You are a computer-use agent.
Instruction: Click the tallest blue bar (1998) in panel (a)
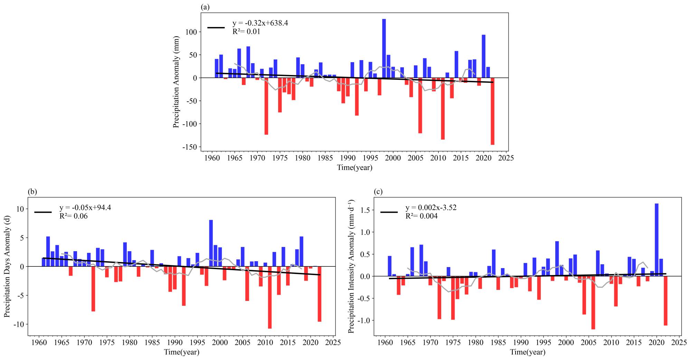click(x=384, y=48)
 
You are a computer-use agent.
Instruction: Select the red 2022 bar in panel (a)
click(x=492, y=111)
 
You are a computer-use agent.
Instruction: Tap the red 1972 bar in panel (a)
click(x=266, y=106)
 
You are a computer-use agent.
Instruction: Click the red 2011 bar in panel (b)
click(x=269, y=297)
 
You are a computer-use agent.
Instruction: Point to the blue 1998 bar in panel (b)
click(x=211, y=243)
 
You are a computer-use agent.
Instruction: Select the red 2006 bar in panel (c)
click(x=593, y=303)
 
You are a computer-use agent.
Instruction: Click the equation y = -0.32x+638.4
click(x=260, y=23)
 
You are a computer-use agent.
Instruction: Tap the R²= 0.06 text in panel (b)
click(x=74, y=216)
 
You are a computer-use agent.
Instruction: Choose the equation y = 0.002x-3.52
click(x=431, y=208)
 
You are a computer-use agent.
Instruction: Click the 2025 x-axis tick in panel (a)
click(x=506, y=158)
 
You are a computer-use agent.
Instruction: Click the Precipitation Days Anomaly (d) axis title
click(x=7, y=266)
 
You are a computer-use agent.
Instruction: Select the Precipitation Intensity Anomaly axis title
click(x=351, y=266)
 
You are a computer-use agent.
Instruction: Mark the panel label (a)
click(x=205, y=7)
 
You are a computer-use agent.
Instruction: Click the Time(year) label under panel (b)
click(x=181, y=352)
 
